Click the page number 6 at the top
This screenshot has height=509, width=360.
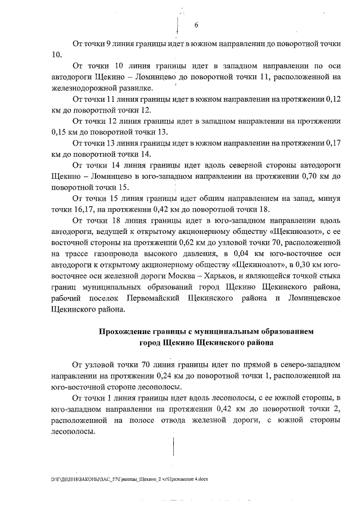197,25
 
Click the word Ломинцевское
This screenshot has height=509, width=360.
311,296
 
